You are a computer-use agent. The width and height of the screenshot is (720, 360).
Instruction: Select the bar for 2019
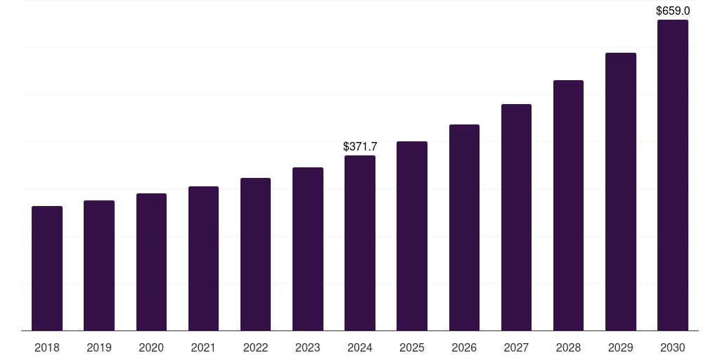(99, 265)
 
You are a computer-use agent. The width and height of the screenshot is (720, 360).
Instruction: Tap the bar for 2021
(203, 258)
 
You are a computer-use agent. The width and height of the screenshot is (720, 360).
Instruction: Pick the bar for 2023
(308, 249)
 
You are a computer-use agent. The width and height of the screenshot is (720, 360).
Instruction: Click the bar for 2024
(360, 243)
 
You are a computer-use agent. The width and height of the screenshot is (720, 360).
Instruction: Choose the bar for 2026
(464, 227)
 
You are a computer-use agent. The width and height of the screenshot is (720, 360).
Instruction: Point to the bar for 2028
(568, 205)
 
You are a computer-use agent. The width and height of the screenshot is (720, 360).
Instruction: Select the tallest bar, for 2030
(673, 175)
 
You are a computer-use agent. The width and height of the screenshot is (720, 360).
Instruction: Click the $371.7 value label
(360, 146)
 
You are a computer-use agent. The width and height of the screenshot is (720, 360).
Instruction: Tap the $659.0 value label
(673, 11)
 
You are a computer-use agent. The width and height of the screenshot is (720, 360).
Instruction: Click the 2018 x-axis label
(47, 347)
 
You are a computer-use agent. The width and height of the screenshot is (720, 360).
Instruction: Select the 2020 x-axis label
(151, 347)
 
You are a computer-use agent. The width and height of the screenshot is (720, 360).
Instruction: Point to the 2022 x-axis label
(255, 347)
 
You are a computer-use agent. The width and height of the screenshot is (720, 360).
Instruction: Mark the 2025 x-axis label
(412, 347)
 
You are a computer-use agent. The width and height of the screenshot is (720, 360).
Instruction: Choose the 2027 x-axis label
(516, 347)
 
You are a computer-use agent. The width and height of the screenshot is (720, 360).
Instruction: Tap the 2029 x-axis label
(620, 347)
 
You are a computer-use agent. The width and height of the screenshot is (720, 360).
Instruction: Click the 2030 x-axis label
(673, 347)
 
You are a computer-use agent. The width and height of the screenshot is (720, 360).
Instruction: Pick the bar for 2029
(621, 191)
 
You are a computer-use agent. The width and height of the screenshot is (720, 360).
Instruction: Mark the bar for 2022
(255, 254)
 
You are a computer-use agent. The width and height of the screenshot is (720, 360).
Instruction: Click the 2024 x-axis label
(360, 347)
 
